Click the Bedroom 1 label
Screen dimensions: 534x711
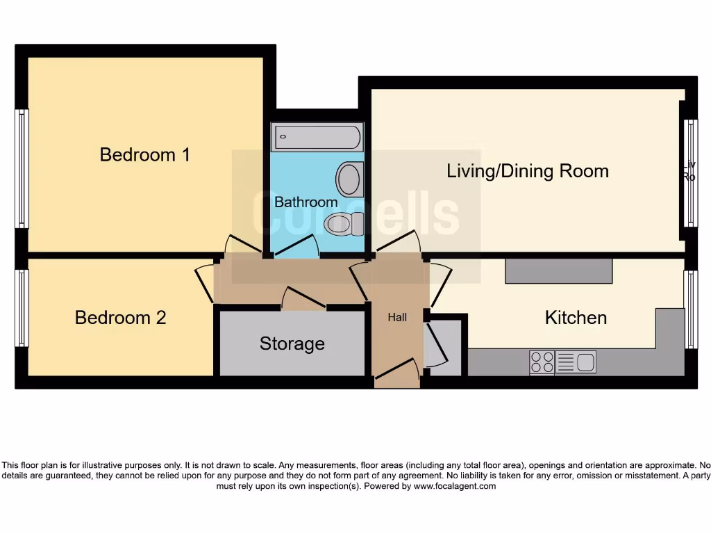point(144,154)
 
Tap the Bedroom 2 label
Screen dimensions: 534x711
point(120,318)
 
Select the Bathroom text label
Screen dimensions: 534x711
point(306,202)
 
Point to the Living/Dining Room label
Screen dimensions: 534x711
point(527,171)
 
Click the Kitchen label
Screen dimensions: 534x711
point(576,318)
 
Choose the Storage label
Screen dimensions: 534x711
point(292,343)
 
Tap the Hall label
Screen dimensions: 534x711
point(397,318)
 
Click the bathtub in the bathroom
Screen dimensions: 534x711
point(317,137)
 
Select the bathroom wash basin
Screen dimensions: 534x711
point(350,179)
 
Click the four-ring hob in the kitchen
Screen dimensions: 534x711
point(542,362)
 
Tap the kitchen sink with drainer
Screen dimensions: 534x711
point(576,362)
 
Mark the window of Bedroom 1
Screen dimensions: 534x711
point(22,169)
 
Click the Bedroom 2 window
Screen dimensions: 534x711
point(22,308)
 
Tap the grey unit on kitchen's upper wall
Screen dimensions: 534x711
point(558,271)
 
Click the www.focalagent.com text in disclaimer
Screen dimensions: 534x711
point(455,487)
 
